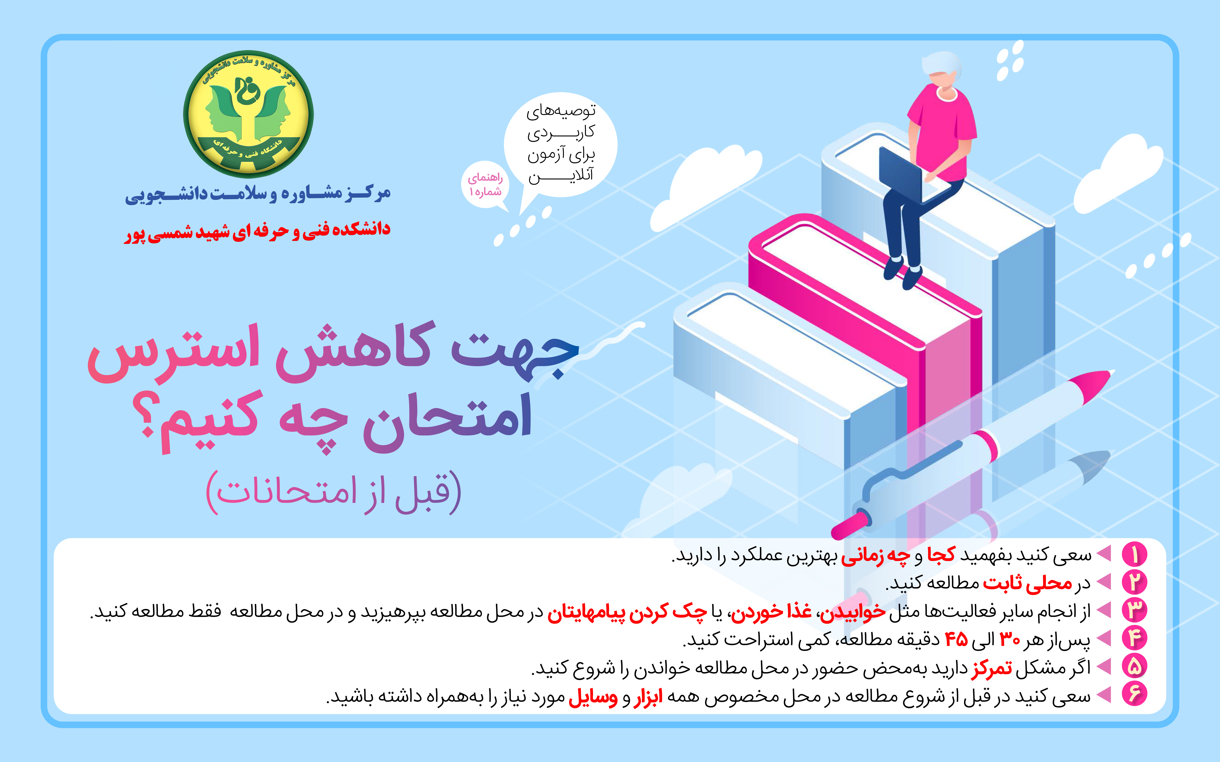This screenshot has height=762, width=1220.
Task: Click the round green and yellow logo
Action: point(248,114)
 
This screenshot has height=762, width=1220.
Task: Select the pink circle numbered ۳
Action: point(1134,610)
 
